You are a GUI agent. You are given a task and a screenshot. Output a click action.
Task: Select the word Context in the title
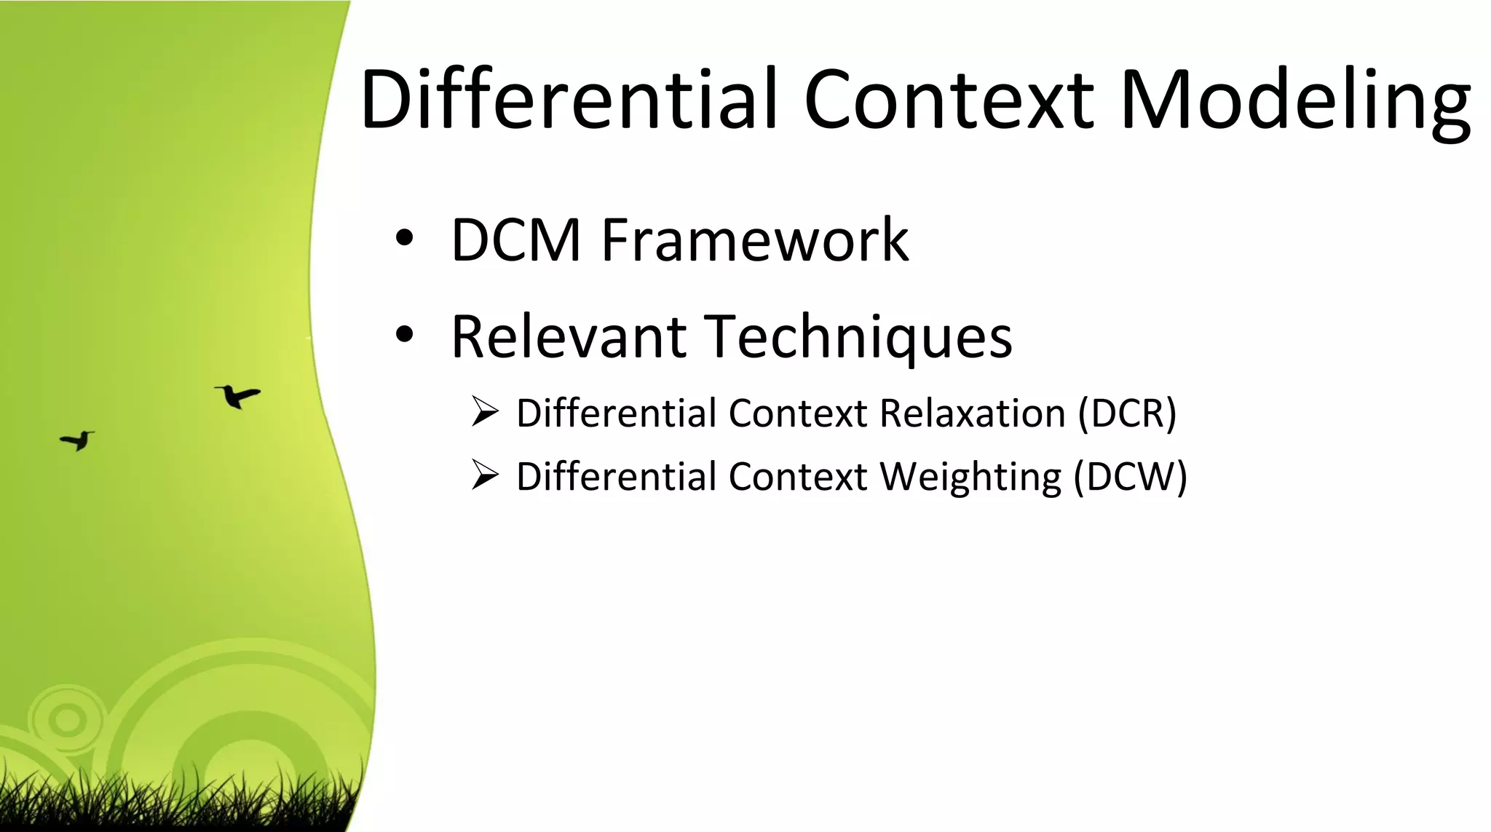click(948, 99)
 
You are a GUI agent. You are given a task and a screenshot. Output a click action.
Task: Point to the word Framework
click(755, 239)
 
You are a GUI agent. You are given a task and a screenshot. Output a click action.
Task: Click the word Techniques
click(859, 338)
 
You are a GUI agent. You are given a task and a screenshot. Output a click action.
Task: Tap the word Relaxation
click(972, 413)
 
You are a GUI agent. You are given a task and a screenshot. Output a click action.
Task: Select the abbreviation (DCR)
click(1127, 413)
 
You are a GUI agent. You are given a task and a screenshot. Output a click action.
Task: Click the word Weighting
click(970, 478)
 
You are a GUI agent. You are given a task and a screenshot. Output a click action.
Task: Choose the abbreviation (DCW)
click(1131, 478)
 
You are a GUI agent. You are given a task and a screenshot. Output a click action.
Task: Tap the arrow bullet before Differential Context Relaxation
click(484, 411)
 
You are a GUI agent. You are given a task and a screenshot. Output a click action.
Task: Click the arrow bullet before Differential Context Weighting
click(484, 475)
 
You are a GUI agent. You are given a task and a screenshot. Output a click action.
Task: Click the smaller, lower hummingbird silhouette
click(78, 440)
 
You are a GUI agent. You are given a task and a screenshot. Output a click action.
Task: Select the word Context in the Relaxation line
click(798, 413)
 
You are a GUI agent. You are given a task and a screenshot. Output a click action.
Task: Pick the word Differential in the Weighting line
click(617, 478)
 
